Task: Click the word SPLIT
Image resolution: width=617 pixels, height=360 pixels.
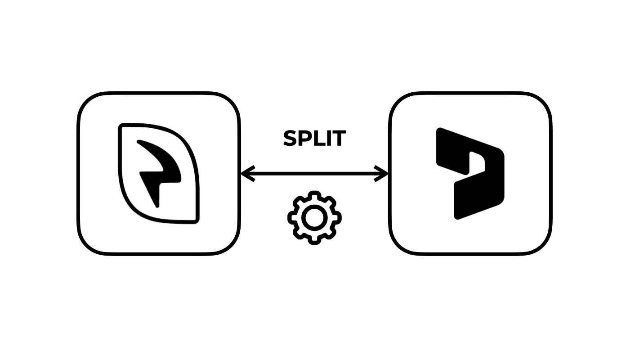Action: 314,139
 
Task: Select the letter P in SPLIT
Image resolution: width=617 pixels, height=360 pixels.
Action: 306,139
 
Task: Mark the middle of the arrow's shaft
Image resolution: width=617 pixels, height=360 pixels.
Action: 314,173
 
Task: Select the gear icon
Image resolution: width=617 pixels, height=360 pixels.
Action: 314,217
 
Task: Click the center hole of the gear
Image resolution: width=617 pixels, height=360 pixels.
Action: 314,217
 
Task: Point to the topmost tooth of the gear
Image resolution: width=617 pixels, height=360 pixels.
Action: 314,194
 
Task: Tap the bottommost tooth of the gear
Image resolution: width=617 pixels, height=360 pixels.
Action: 314,240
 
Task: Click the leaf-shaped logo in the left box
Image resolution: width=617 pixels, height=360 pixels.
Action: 158,173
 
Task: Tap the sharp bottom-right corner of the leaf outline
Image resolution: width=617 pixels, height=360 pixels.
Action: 196,221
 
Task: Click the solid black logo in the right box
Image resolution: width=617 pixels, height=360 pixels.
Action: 470,173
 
